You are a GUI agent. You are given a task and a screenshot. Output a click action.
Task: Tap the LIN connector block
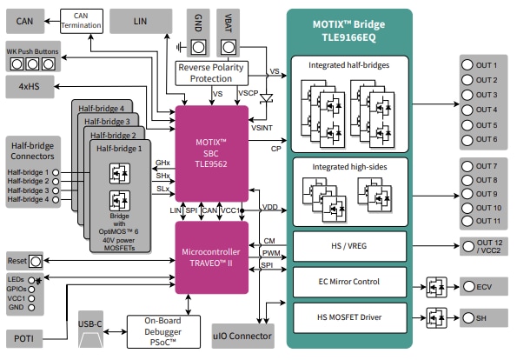140,19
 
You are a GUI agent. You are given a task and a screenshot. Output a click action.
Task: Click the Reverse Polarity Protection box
212,73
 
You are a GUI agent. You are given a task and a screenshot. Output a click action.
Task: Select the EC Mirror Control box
348,281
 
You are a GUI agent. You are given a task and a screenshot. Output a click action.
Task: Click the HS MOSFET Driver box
348,318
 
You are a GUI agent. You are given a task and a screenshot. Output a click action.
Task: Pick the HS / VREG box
348,244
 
